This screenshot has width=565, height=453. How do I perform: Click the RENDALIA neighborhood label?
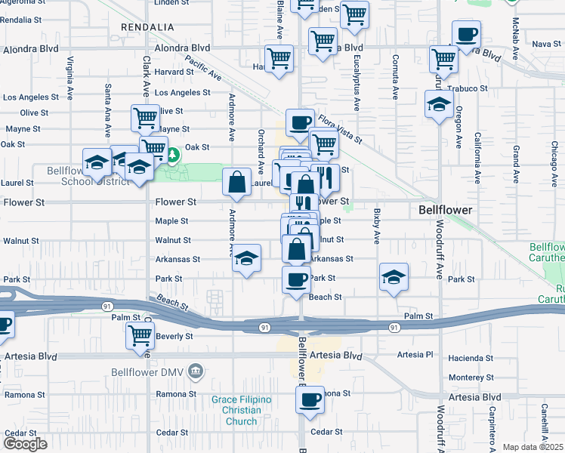pos(147,27)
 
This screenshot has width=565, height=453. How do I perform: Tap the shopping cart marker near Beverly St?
pos(140,334)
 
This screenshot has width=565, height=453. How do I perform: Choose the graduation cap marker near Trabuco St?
pos(438,104)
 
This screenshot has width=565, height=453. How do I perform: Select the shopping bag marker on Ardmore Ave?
pos(237,181)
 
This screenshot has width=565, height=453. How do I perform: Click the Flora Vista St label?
pos(340,129)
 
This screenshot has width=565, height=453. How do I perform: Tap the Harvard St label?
pos(175,72)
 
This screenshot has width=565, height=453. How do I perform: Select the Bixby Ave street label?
pos(376,226)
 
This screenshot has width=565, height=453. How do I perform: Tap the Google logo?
pos(26,443)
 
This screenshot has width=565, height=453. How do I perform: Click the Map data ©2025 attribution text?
pos(533,447)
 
